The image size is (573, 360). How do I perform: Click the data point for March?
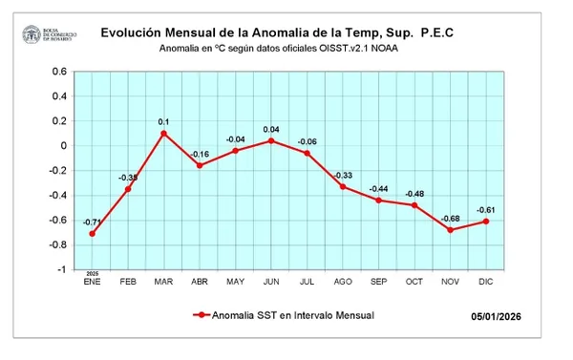coord(163,134)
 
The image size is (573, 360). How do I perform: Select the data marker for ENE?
coord(92,234)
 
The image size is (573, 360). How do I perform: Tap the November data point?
coord(451,230)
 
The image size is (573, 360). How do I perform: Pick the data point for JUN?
coord(271,140)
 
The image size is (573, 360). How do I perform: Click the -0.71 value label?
coord(92,222)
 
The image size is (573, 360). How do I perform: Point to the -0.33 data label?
coord(343,175)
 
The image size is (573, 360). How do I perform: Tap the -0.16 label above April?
coord(200,154)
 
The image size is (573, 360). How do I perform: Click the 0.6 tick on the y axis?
coord(59,72)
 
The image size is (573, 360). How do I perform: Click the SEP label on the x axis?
coord(379,282)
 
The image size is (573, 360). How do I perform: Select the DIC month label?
coord(487,282)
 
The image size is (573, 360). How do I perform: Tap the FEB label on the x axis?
coord(128,282)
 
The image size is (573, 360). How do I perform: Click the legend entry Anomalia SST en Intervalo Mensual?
coord(286,314)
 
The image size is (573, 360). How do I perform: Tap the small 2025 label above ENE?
coord(92,273)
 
